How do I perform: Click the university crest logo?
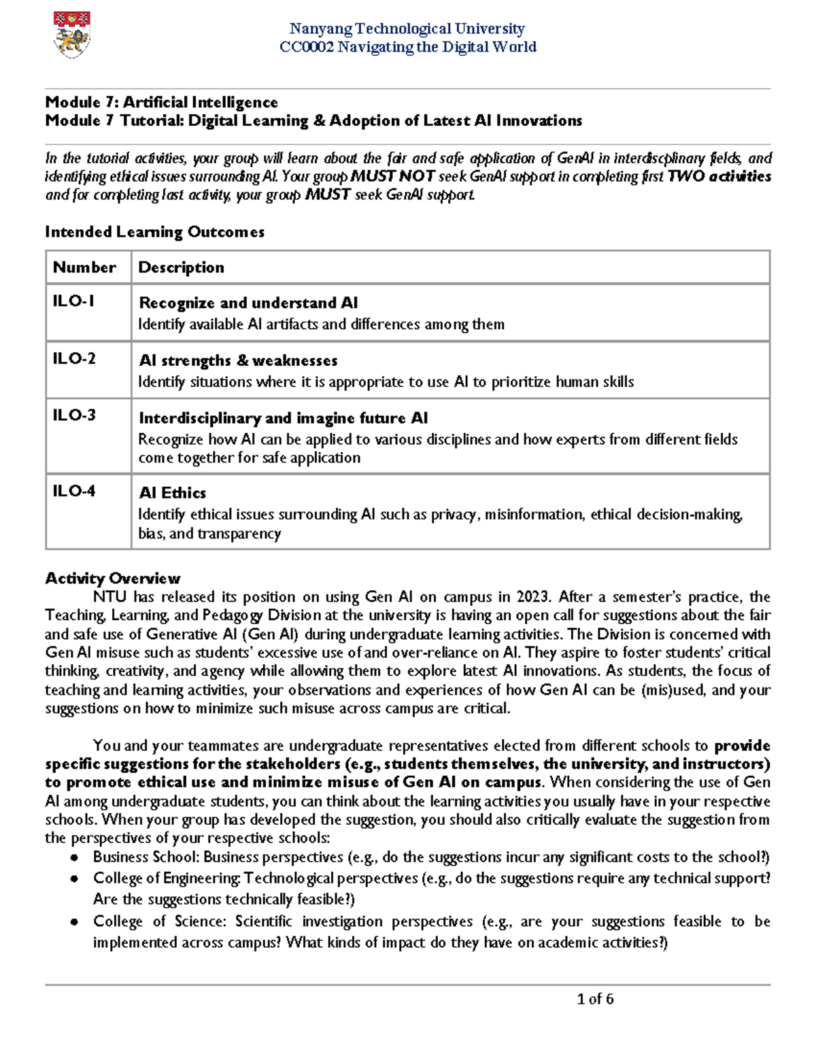pyautogui.click(x=71, y=35)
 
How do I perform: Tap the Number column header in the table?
pyautogui.click(x=84, y=267)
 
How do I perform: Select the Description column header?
pyautogui.click(x=181, y=267)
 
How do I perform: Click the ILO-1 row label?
pyautogui.click(x=73, y=301)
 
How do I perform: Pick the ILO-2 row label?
pyautogui.click(x=74, y=358)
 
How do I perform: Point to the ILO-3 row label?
pyautogui.click(x=74, y=415)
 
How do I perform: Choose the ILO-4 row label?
pyautogui.click(x=74, y=490)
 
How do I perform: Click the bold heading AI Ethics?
pyautogui.click(x=172, y=493)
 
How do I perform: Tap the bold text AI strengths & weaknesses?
pyautogui.click(x=238, y=360)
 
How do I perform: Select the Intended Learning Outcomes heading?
pyautogui.click(x=154, y=232)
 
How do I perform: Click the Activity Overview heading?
pyautogui.click(x=112, y=579)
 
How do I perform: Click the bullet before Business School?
pyautogui.click(x=74, y=858)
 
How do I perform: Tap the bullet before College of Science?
pyautogui.click(x=74, y=923)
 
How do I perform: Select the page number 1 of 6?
pyautogui.click(x=595, y=999)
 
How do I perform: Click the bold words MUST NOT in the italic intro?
pyautogui.click(x=392, y=177)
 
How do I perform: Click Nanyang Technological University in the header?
pyautogui.click(x=407, y=29)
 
